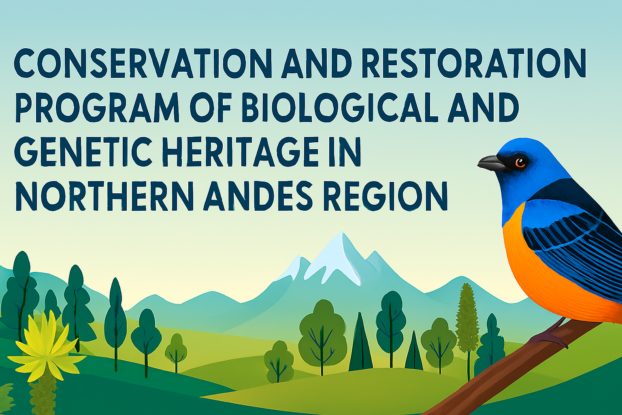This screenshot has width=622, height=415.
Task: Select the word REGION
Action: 385,194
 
